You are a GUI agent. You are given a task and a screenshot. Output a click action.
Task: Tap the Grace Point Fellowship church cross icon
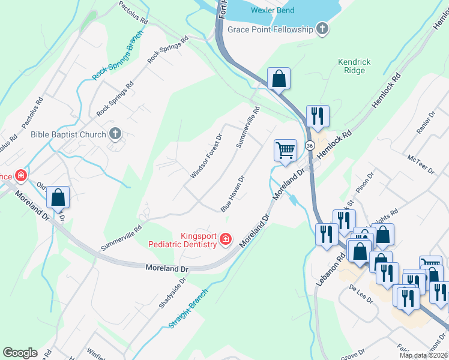(x=322, y=29)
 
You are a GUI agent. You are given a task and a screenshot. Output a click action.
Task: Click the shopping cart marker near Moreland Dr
(x=285, y=149)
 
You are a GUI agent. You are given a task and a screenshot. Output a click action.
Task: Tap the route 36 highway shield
(x=309, y=146)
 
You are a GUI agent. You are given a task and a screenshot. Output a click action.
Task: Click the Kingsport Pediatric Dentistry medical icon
(x=226, y=239)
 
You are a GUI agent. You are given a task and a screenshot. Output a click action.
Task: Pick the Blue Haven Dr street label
(x=233, y=193)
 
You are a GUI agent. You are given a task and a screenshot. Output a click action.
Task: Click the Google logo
(x=20, y=353)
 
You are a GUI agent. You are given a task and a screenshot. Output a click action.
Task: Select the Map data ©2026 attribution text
(x=424, y=355)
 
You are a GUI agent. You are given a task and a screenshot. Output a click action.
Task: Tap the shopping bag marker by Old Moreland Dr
(x=58, y=197)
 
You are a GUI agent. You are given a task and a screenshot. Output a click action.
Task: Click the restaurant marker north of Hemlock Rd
(x=317, y=116)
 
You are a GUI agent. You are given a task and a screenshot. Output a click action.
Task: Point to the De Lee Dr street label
(x=361, y=295)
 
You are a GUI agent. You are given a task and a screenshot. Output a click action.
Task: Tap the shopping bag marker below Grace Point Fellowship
(x=279, y=78)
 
